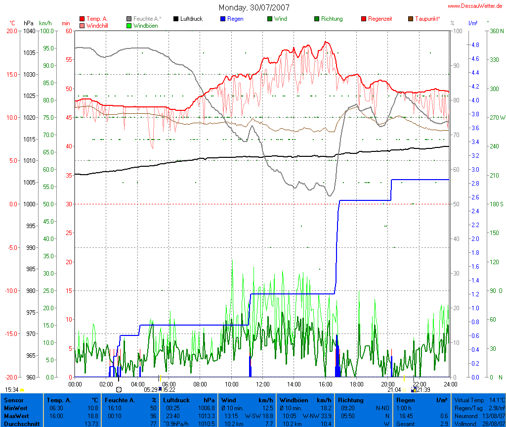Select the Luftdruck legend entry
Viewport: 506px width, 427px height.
[191, 19]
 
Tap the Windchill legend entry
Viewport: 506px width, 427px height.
[97, 25]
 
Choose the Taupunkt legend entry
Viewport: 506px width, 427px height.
[427, 19]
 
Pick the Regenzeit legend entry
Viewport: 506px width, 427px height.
[380, 19]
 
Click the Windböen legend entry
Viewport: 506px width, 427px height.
[145, 25]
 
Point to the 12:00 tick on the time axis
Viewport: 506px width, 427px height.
[262, 383]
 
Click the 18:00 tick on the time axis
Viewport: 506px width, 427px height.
[356, 383]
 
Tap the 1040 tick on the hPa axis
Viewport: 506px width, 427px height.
[29, 31]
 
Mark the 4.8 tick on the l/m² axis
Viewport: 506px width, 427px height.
[475, 45]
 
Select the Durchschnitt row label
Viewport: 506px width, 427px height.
[20, 424]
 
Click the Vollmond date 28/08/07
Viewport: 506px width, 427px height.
[494, 424]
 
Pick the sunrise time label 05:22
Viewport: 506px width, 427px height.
[169, 389]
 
